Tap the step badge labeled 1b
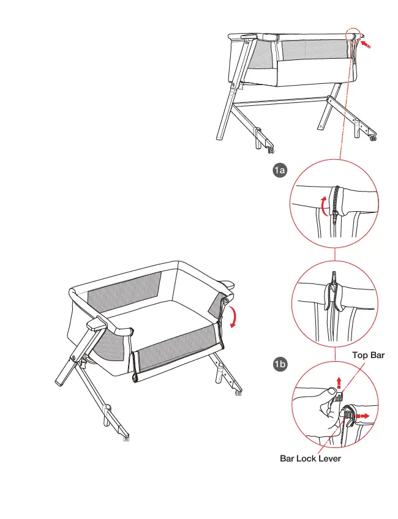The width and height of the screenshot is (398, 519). tap(280, 365)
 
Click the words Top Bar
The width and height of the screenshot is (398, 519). tap(368, 355)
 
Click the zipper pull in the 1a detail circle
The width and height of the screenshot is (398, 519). tap(336, 211)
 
